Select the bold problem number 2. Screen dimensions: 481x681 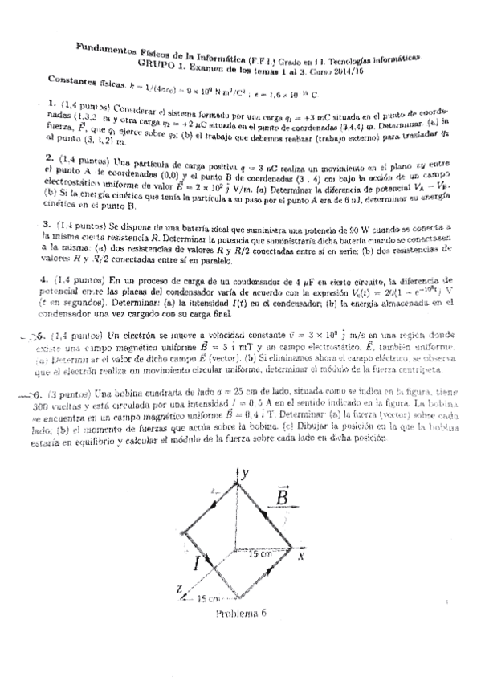tap(50, 157)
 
